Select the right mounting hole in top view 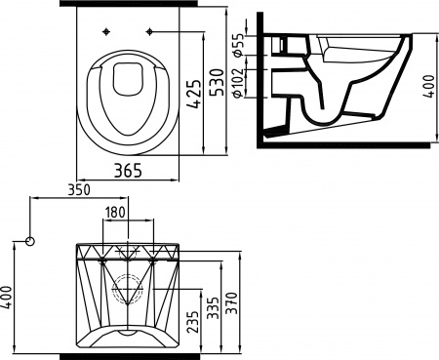(x=149, y=33)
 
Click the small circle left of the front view (x=30, y=240)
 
